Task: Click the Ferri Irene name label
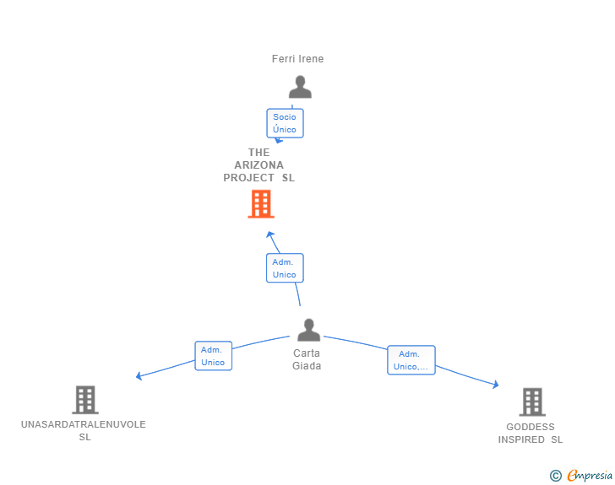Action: pos(297,59)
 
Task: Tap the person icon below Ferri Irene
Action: pos(300,87)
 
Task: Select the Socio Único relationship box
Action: pos(285,123)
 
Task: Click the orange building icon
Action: pos(261,204)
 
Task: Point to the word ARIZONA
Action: pos(259,165)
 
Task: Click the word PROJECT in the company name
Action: pos(248,178)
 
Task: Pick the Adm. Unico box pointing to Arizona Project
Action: pos(285,268)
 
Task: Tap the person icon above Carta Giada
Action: pos(308,330)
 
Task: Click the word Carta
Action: pos(307,353)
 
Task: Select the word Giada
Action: pos(307,366)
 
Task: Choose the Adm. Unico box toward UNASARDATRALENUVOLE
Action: pos(214,356)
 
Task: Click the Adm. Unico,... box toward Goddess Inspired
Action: pos(411,360)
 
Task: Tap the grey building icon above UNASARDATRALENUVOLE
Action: pos(85,400)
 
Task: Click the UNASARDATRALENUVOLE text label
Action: pos(84,424)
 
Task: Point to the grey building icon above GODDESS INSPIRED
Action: pos(532,402)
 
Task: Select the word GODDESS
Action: pos(531,427)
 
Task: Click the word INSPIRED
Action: pos(521,439)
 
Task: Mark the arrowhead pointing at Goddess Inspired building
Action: pos(496,385)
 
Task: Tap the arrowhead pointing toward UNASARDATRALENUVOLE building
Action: pos(139,376)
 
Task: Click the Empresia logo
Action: pos(581,475)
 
